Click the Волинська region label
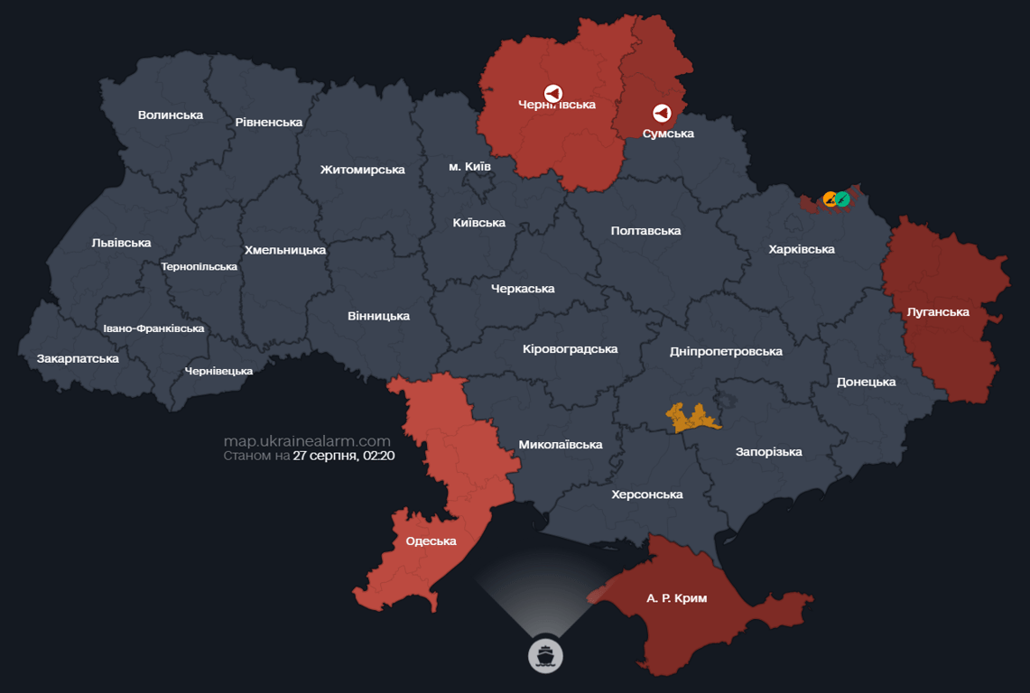pyautogui.click(x=171, y=115)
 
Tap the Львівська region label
pyautogui.click(x=121, y=243)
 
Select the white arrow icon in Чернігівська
pyautogui.click(x=552, y=93)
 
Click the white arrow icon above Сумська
pyautogui.click(x=662, y=113)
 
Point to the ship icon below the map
pyautogui.click(x=545, y=654)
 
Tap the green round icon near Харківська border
pyautogui.click(x=842, y=199)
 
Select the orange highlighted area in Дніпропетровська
pyautogui.click(x=692, y=417)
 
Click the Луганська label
pyautogui.click(x=938, y=312)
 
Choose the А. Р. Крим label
pyautogui.click(x=677, y=598)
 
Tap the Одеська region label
pyautogui.click(x=431, y=541)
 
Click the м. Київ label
pyautogui.click(x=469, y=167)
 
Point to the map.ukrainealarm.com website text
pyautogui.click(x=307, y=441)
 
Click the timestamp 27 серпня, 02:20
pyautogui.click(x=344, y=456)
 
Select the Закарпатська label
pyautogui.click(x=78, y=358)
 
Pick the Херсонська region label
pyautogui.click(x=646, y=494)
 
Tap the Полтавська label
pyautogui.click(x=645, y=231)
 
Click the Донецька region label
pyautogui.click(x=866, y=382)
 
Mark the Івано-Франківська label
pyautogui.click(x=153, y=328)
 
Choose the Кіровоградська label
pyautogui.click(x=570, y=348)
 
